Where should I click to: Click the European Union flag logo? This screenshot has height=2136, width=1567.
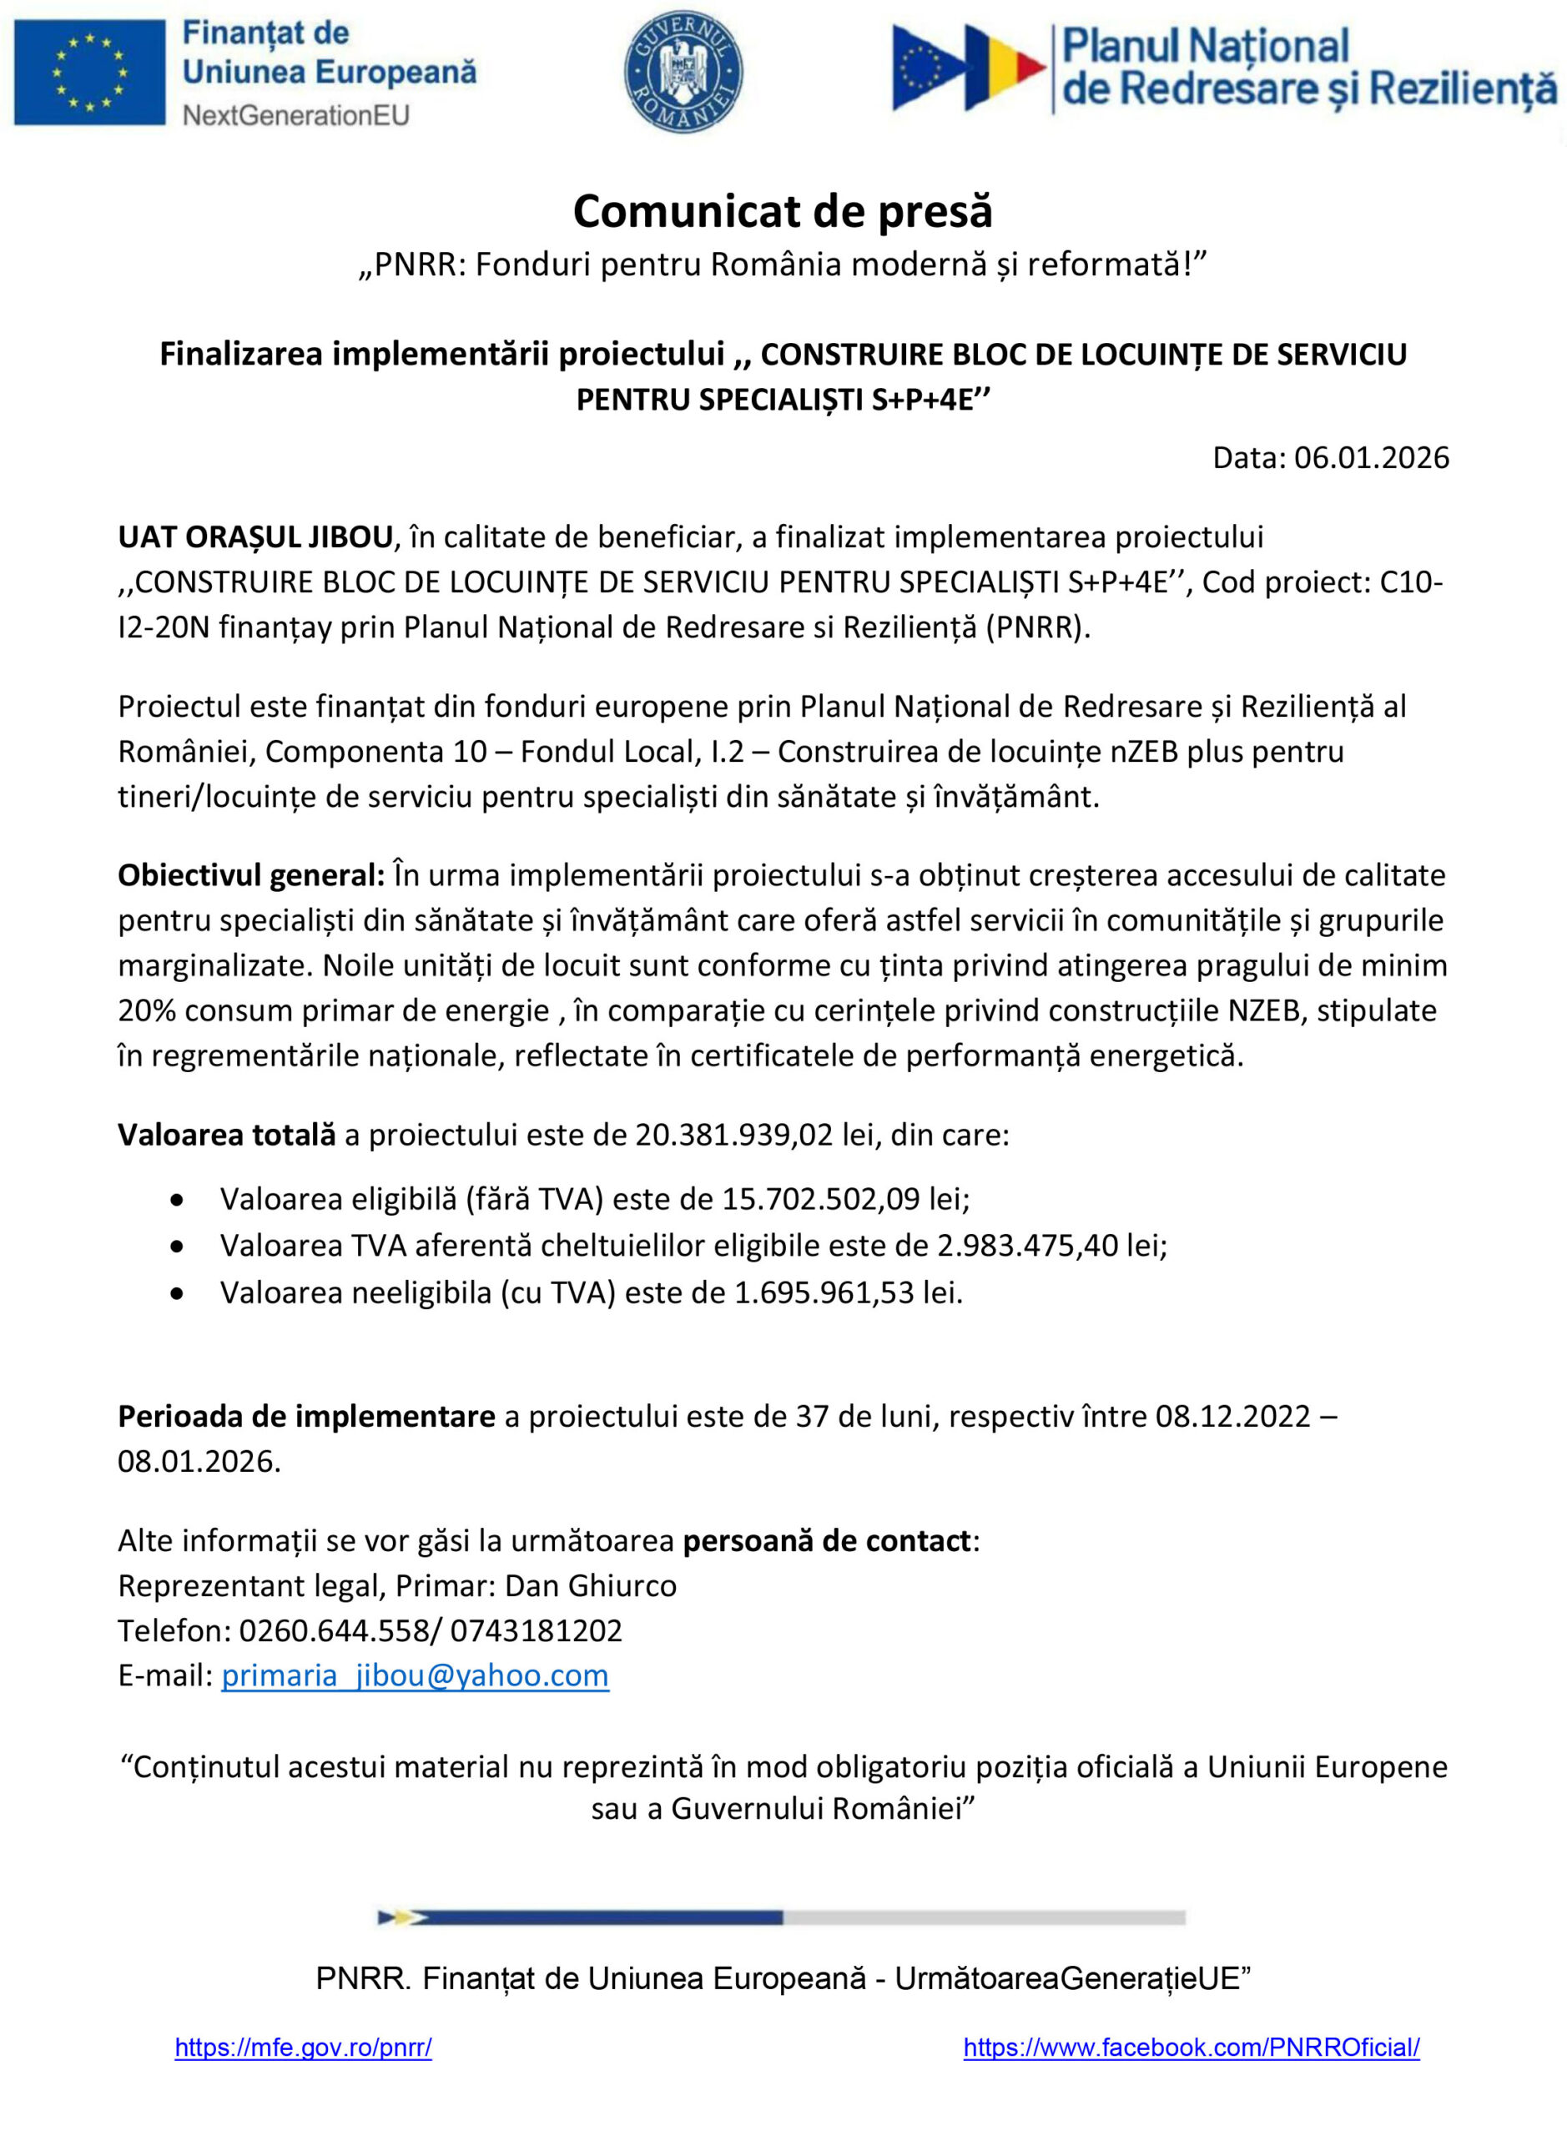[89, 72]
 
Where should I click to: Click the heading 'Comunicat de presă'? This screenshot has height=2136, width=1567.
[783, 211]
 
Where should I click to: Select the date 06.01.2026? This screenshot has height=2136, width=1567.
[1371, 458]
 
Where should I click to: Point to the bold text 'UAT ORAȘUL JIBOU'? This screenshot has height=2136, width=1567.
[254, 537]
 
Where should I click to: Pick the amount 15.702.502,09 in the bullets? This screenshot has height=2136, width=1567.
[820, 1199]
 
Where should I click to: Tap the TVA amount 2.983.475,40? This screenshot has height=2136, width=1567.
[1027, 1244]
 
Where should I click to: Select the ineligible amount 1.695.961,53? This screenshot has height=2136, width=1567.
[824, 1292]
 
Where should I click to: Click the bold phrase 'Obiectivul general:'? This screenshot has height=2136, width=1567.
[251, 874]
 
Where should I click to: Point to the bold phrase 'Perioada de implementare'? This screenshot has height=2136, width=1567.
[306, 1416]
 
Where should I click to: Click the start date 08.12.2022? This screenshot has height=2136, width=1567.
[1232, 1416]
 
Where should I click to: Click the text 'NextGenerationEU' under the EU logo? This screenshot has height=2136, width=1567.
[295, 116]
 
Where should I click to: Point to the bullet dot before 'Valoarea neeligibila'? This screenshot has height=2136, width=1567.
[176, 1292]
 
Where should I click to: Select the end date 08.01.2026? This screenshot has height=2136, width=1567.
[199, 1461]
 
